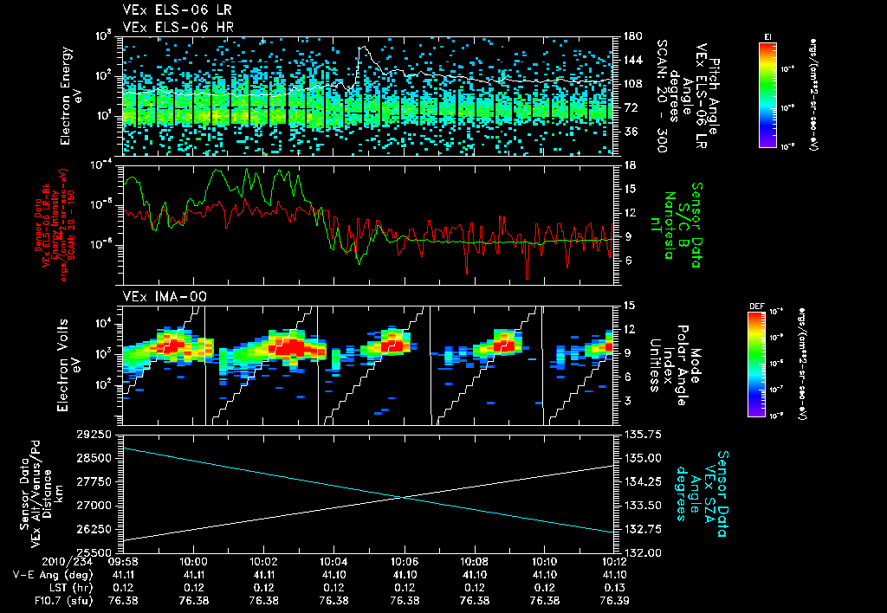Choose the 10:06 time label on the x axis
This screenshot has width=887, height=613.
click(x=405, y=561)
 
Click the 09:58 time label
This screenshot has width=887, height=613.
click(x=123, y=561)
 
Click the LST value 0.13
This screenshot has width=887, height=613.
click(x=614, y=587)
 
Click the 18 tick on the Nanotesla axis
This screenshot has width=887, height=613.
click(x=630, y=165)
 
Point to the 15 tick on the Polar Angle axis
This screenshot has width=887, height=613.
click(x=630, y=305)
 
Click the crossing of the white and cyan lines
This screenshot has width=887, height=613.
click(x=405, y=496)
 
